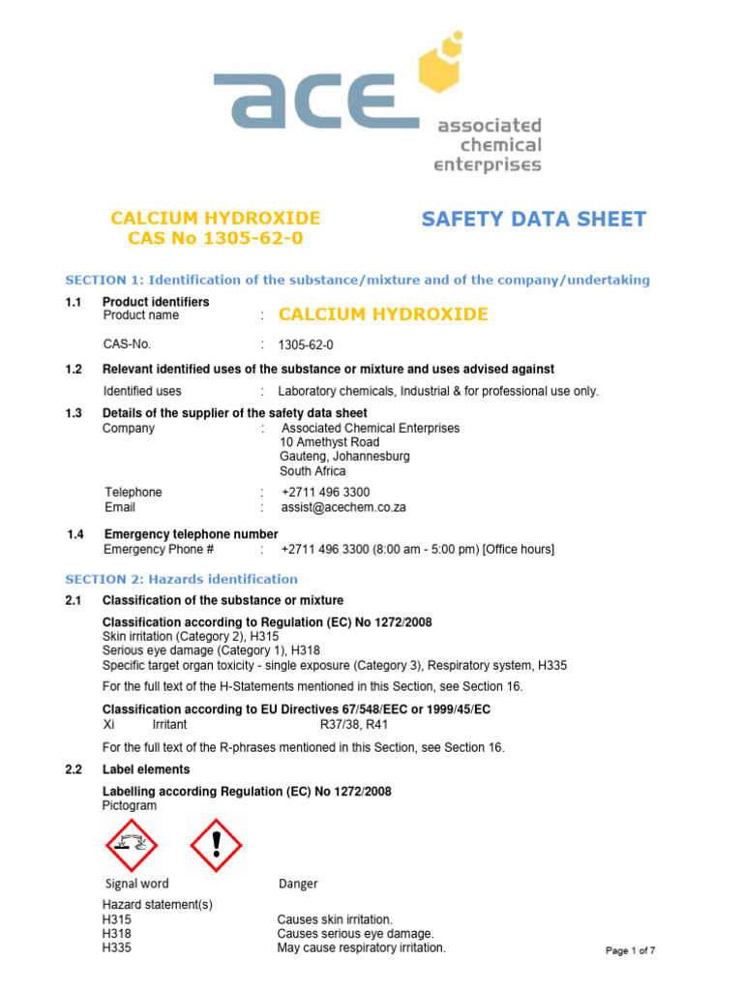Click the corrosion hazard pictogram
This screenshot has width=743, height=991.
[131, 845]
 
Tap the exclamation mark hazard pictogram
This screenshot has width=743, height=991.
[216, 845]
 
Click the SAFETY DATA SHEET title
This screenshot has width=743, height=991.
[533, 220]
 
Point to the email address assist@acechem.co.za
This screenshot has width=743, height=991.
[342, 507]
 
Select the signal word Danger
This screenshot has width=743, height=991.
[297, 884]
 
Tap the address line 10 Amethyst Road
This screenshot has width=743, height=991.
[329, 442]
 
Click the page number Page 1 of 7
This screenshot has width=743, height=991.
[630, 950]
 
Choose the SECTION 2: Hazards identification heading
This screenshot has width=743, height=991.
[181, 580]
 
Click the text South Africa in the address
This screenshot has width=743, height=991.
[312, 471]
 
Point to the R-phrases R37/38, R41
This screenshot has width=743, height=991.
[354, 724]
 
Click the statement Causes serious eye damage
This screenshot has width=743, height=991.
[355, 934]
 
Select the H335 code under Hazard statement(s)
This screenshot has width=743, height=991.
[116, 948]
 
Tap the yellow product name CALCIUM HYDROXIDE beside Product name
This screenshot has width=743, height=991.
[383, 315]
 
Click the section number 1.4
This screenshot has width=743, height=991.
[76, 534]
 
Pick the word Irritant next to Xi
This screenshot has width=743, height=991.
[169, 724]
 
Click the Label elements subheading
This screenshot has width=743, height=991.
[146, 769]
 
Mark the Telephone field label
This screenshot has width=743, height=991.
[133, 493]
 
